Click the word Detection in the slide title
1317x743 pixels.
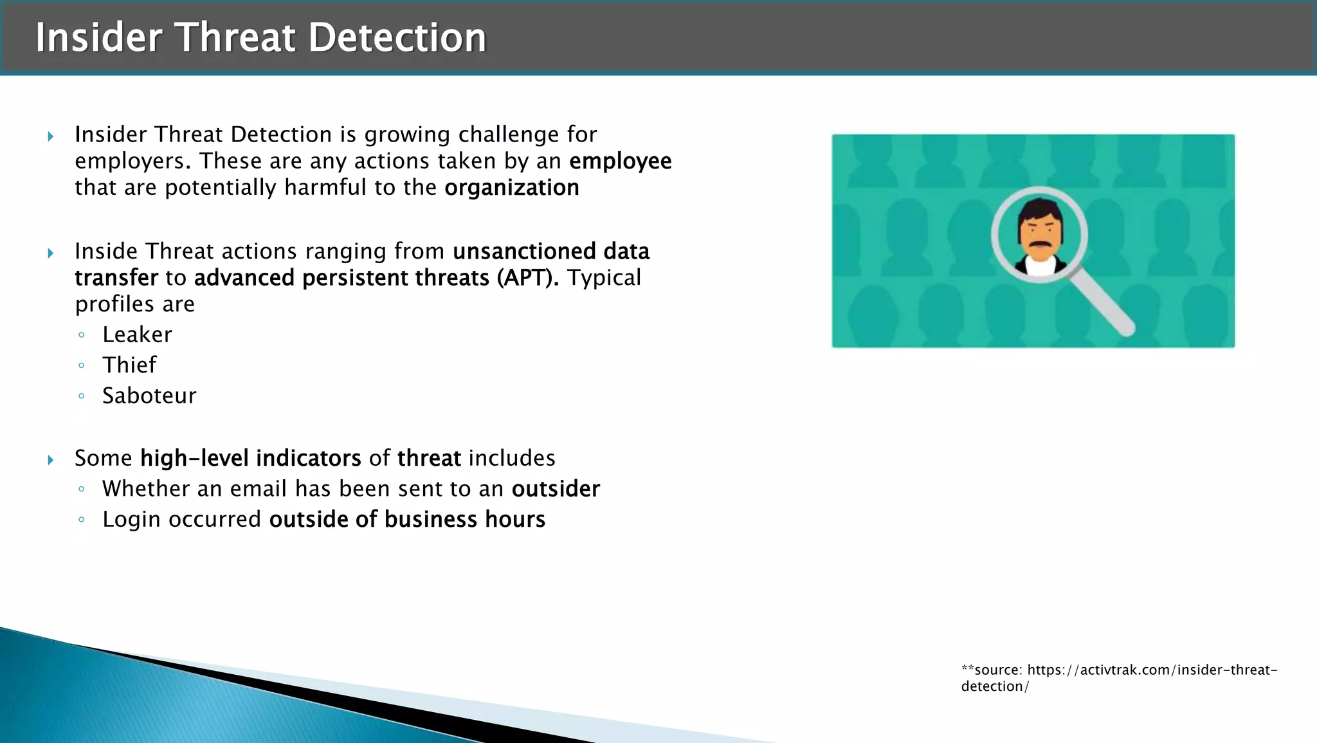397,37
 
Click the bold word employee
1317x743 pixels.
620,161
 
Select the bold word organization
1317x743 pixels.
512,188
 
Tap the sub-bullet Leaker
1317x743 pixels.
137,335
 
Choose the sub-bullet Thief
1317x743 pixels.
129,365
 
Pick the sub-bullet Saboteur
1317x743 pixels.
149,396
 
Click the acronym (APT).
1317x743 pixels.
527,278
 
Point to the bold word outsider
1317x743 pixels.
556,489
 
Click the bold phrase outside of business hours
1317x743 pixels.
407,519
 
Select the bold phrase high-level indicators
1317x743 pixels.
251,458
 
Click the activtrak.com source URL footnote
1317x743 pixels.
1119,678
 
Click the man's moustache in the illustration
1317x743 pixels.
1040,245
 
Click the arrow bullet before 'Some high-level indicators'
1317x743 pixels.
51,459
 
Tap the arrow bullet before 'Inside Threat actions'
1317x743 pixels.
51,253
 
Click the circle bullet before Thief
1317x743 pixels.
81,365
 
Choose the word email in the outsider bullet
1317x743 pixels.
259,489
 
